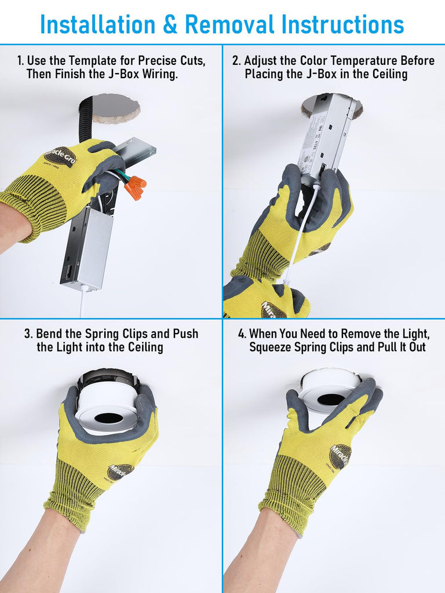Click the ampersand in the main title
click(x=170, y=24)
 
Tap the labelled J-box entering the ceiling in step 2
click(x=329, y=133)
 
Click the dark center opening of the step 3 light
click(x=108, y=418)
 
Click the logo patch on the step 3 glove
click(x=121, y=471)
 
